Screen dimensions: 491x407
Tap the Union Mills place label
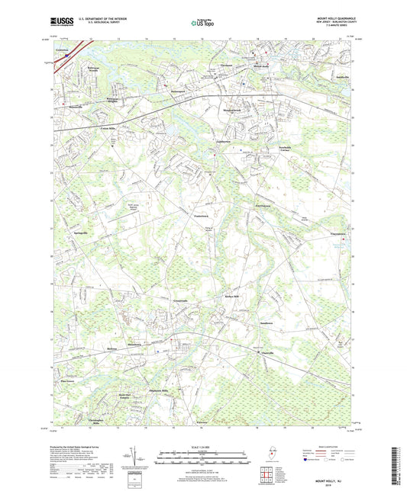(106, 128)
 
